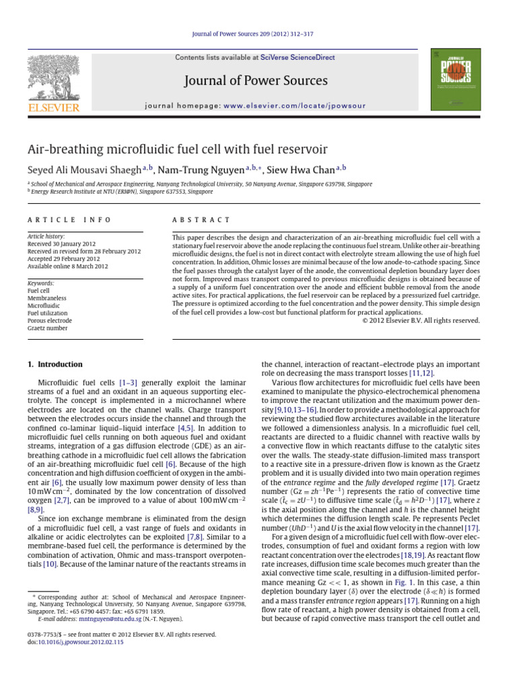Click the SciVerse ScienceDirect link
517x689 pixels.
tap(298, 58)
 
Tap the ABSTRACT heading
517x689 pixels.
tap(201, 220)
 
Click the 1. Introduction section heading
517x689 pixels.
tap(55, 364)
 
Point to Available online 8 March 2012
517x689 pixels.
tap(67, 266)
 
